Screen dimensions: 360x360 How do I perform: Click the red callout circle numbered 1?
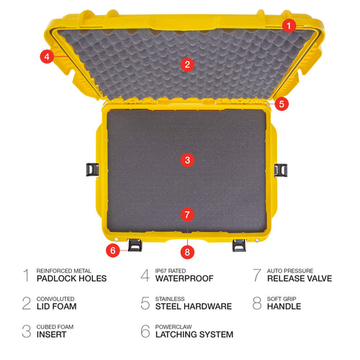289,25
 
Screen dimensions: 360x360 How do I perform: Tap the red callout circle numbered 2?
187,64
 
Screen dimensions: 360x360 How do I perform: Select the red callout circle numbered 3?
187,160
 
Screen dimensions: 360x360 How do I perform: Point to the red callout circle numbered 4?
47,57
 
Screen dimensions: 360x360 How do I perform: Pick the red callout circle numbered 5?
282,104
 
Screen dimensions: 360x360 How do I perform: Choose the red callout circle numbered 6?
113,251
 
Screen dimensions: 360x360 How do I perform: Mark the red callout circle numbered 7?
187,215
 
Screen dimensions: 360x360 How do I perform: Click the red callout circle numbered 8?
187,252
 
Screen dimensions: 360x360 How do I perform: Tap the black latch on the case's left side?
92,169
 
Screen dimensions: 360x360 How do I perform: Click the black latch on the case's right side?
281,170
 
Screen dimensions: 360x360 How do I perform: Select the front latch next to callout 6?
135,245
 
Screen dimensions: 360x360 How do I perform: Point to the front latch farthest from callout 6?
239,246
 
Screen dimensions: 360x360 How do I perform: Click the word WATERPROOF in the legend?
184,279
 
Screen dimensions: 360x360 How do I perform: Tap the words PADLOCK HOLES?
71,279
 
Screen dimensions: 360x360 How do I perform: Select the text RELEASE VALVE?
300,279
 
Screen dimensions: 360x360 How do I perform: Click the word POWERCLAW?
174,327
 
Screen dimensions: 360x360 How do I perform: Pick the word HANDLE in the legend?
284,306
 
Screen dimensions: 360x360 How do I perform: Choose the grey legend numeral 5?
145,303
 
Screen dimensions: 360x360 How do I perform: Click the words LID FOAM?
57,306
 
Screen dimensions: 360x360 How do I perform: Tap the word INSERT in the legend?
51,334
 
